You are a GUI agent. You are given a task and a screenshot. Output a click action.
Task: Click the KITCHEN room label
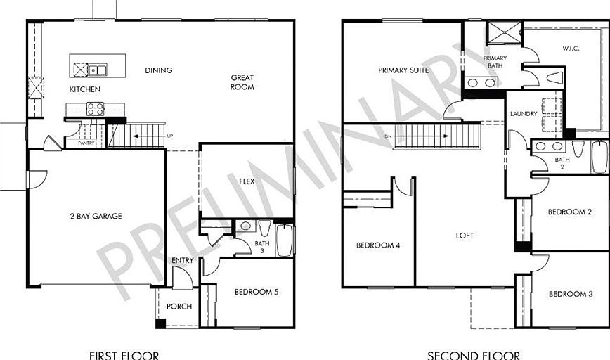(x=85, y=89)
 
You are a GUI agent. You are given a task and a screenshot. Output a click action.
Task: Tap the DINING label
(x=158, y=70)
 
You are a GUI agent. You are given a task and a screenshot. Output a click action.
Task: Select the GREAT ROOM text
(x=242, y=82)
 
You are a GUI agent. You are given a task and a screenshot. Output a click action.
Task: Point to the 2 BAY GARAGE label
(x=96, y=217)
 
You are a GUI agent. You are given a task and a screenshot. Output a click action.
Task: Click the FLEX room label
(x=247, y=181)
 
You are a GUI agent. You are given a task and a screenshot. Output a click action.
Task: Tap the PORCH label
(x=179, y=307)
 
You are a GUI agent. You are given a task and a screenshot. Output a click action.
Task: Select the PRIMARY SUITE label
(x=403, y=70)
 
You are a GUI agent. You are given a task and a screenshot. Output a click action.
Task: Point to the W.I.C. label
(x=570, y=49)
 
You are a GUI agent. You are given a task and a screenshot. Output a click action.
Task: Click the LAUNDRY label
(x=524, y=114)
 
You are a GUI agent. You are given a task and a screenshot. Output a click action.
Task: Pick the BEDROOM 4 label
(x=378, y=245)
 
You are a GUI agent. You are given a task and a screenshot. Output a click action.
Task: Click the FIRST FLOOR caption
(x=124, y=355)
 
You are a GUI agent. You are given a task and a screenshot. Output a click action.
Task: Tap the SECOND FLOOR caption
(x=474, y=355)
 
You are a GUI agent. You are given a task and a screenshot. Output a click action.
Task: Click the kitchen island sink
(x=98, y=69)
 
